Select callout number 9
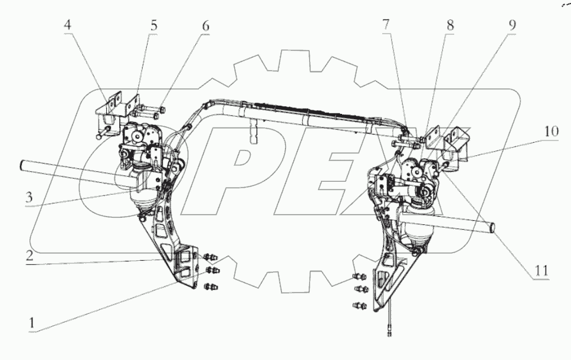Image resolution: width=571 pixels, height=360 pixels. pyautogui.click(x=511, y=27)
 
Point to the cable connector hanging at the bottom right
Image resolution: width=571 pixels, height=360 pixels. pyautogui.click(x=389, y=330)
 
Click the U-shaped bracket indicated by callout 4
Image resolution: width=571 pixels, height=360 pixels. pyautogui.click(x=105, y=112)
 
